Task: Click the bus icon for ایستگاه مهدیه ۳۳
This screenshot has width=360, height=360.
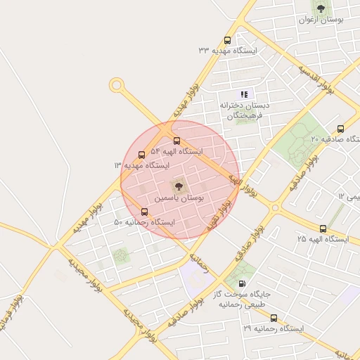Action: (x=226, y=40)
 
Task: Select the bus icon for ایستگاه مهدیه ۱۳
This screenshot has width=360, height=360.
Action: (x=141, y=155)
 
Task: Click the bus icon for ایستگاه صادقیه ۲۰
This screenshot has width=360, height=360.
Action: (x=340, y=129)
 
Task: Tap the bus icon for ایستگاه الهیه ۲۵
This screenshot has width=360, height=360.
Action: (x=323, y=229)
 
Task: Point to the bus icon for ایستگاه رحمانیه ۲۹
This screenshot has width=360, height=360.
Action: (x=274, y=318)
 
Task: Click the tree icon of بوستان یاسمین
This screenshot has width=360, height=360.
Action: (x=176, y=186)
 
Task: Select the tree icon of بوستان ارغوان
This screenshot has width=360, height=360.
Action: (x=321, y=8)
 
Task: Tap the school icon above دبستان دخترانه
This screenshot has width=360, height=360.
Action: (x=244, y=94)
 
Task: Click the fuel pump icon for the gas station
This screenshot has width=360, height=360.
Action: (x=243, y=284)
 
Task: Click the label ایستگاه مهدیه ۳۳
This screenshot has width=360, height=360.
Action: (x=228, y=51)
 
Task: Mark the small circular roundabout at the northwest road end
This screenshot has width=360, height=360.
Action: (x=116, y=85)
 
